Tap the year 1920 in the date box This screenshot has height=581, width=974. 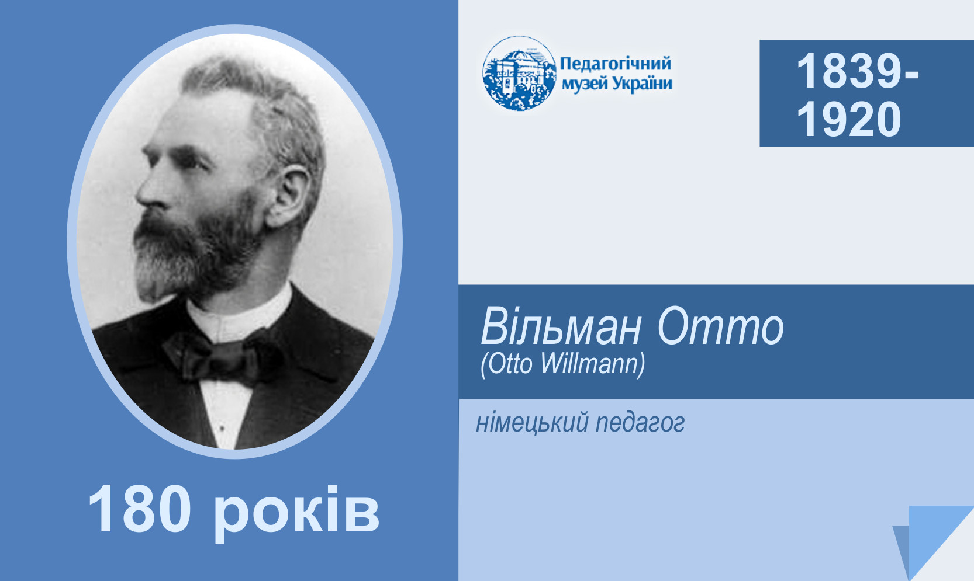[849, 119]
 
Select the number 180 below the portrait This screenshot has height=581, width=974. [140, 509]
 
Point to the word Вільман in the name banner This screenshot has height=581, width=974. [561, 326]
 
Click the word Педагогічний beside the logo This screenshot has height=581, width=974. [615, 64]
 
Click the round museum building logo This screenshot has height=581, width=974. [519, 73]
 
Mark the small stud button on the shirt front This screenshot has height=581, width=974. [222, 429]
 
